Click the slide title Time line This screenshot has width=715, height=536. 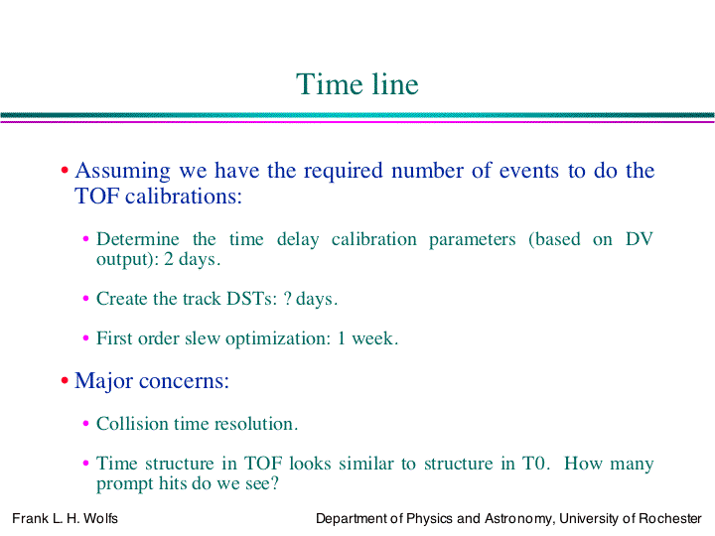click(x=357, y=84)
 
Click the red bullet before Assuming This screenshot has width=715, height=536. click(x=65, y=171)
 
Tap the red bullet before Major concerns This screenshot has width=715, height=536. click(x=65, y=380)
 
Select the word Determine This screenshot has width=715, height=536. click(x=138, y=239)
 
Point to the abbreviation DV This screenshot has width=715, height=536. click(x=640, y=239)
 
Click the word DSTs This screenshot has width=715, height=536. click(x=252, y=299)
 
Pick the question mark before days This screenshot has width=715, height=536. click(x=287, y=299)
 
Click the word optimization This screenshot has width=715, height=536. click(x=278, y=339)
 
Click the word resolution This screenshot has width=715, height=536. click(x=256, y=424)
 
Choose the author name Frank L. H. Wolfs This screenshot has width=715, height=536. click(x=65, y=519)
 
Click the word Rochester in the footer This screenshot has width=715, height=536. click(x=670, y=519)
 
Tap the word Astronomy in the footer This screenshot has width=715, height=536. click(x=519, y=519)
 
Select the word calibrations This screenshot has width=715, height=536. click(x=184, y=197)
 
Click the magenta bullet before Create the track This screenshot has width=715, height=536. click(x=85, y=299)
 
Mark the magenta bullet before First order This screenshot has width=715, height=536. click(x=85, y=338)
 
